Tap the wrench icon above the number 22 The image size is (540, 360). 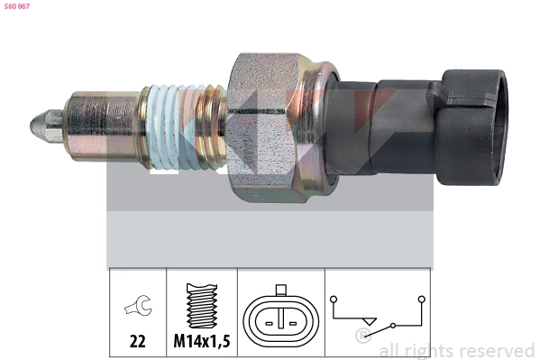coord(138,307)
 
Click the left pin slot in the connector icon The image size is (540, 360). coord(268,319)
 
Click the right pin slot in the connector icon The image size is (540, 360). coord(297,319)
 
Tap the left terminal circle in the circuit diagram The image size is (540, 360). coord(334,298)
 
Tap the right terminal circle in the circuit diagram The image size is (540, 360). coord(420,298)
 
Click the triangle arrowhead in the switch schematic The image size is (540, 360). coord(368,321)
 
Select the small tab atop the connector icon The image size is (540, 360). coord(282,291)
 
